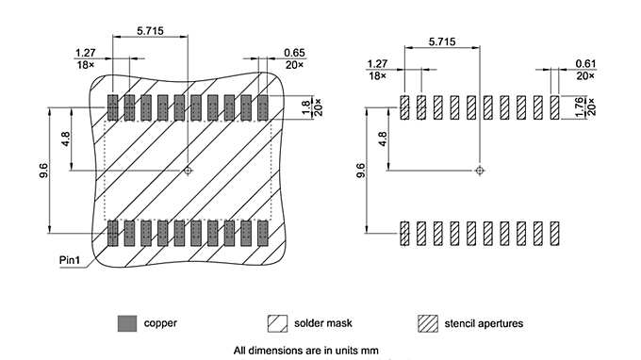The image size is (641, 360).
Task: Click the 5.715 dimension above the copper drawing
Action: point(150,30)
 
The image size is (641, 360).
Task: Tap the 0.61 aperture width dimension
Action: point(584,63)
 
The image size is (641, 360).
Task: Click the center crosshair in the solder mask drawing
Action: point(189,171)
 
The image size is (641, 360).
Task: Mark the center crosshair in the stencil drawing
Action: point(480,171)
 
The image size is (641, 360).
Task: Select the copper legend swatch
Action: point(127,322)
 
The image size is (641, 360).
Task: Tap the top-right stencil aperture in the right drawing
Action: point(555,107)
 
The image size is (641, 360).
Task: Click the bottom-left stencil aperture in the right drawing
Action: point(404,233)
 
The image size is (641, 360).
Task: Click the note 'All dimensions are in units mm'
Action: point(305,351)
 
